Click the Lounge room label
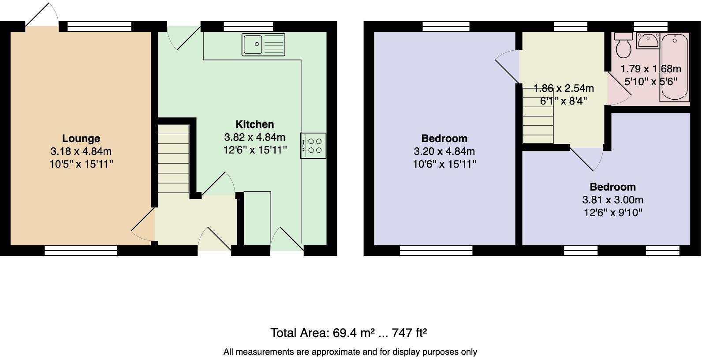81,139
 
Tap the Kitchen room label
254,124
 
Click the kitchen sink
263,45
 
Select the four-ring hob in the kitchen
314,146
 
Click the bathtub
674,67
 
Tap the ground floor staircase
174,159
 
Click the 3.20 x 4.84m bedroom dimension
444,151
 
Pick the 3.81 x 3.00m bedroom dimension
612,200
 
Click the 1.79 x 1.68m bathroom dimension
650,69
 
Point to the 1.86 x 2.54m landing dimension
564,88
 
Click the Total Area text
348,333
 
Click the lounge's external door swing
42,15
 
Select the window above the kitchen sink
248,26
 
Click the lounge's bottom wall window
81,251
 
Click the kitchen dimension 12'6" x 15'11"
255,150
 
